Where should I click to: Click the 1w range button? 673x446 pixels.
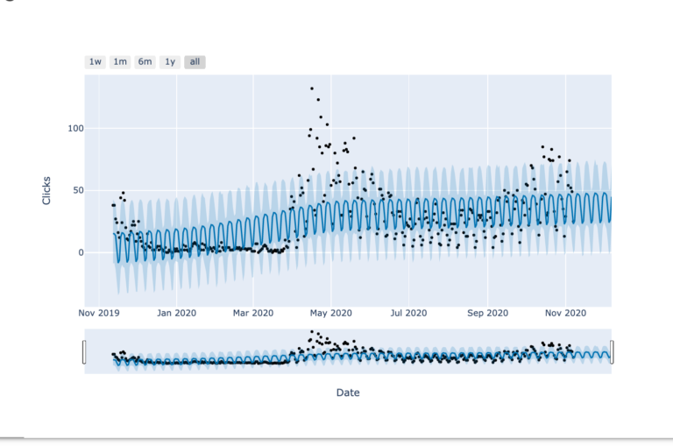(95, 62)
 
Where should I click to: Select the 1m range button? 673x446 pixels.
(120, 62)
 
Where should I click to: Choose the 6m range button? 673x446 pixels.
(145, 62)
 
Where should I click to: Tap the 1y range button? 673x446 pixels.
(170, 62)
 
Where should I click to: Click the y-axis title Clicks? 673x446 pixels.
(46, 190)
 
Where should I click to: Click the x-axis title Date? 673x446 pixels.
(348, 393)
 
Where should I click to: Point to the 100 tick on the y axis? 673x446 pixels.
(74, 129)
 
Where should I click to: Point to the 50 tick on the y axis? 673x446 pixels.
(77, 190)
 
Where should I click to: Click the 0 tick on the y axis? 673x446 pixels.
(80, 252)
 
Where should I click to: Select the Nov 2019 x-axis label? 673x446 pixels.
(99, 312)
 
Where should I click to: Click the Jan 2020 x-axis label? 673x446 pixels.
(176, 312)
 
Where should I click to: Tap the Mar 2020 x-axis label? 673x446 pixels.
(253, 312)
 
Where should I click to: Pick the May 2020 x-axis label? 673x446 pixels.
(330, 312)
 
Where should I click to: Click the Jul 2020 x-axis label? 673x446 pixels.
(407, 312)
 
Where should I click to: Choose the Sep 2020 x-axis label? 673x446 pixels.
(487, 312)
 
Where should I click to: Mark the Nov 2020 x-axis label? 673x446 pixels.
(565, 312)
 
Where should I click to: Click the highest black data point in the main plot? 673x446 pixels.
(312, 88)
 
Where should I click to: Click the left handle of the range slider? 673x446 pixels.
(84, 351)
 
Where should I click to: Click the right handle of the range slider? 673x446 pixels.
(612, 351)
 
